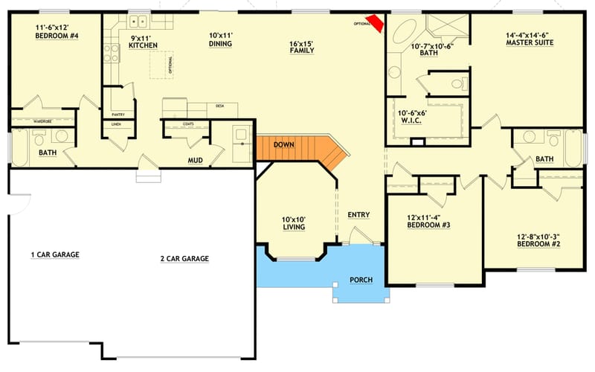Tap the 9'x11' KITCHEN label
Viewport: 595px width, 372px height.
tap(143, 42)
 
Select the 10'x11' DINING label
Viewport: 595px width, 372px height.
tap(220, 39)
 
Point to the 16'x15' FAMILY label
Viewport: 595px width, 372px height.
tap(302, 47)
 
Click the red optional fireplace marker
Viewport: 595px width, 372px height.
tap(377, 24)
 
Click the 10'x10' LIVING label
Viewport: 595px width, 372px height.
tap(293, 224)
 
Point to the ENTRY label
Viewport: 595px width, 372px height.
tap(358, 215)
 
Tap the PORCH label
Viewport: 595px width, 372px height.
tap(361, 280)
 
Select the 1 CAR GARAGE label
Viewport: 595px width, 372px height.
tap(54, 254)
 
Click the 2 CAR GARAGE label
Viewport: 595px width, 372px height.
tap(184, 259)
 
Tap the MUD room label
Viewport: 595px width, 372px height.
tap(196, 159)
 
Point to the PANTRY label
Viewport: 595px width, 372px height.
tap(118, 115)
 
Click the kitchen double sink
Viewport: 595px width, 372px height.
tap(138, 22)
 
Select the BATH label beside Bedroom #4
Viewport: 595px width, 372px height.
tap(47, 154)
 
